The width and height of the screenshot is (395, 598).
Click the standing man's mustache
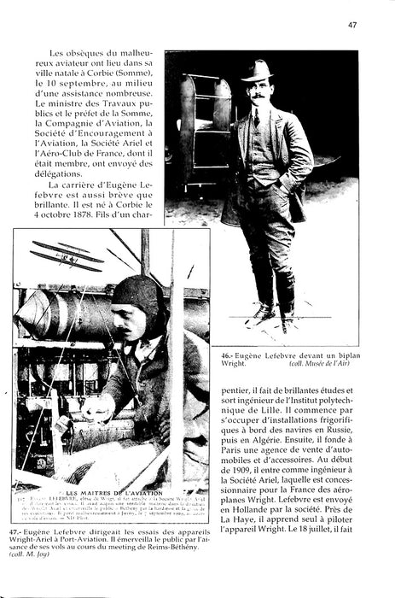coord(258,94)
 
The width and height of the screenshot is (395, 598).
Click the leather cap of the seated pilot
coord(136,296)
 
